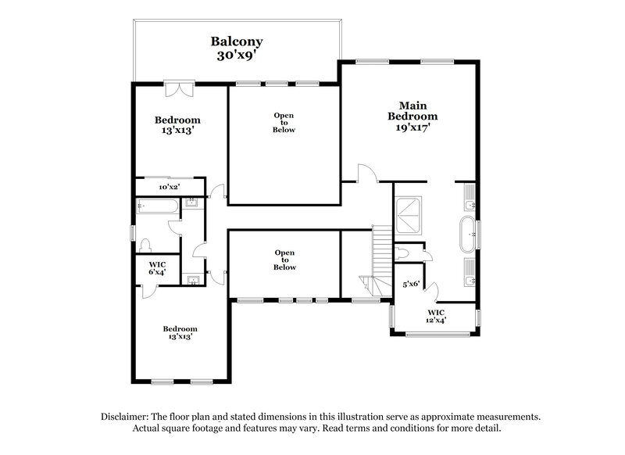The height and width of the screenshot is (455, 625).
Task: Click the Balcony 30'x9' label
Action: (236, 48)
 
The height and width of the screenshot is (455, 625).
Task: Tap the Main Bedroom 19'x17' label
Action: (412, 115)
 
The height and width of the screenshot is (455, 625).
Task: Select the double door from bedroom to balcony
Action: (179, 88)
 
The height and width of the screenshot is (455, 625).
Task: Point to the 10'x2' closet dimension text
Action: (169, 188)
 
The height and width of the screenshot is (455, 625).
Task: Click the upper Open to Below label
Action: (283, 123)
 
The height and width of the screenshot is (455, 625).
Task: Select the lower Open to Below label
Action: (284, 260)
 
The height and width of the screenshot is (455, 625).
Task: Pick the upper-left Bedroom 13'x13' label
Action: (177, 125)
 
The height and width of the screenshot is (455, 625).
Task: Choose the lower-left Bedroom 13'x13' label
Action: (180, 332)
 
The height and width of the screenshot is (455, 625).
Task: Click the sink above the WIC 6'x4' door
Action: (192, 279)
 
